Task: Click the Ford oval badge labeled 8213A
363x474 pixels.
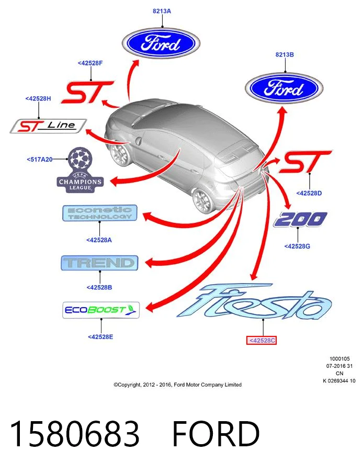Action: (x=161, y=43)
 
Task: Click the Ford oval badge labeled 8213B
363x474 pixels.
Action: (x=284, y=88)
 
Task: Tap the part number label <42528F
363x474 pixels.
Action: (x=90, y=63)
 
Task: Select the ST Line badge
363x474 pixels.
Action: (x=48, y=126)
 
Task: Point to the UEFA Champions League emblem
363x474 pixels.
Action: (x=80, y=170)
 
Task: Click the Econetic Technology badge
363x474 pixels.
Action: (x=100, y=213)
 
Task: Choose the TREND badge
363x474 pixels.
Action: (x=99, y=263)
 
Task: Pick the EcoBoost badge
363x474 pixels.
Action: (x=101, y=310)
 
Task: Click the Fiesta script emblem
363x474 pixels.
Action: (x=254, y=302)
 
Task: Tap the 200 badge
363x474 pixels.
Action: (x=300, y=219)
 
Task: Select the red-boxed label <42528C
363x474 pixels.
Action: (x=262, y=341)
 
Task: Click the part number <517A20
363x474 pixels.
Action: (x=40, y=160)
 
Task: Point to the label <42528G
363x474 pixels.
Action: (x=297, y=246)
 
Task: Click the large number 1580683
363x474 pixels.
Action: (x=75, y=434)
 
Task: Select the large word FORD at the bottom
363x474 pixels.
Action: (x=216, y=434)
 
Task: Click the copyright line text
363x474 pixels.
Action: (x=177, y=385)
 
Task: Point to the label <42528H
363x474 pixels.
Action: (x=38, y=98)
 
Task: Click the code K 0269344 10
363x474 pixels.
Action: (x=339, y=381)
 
